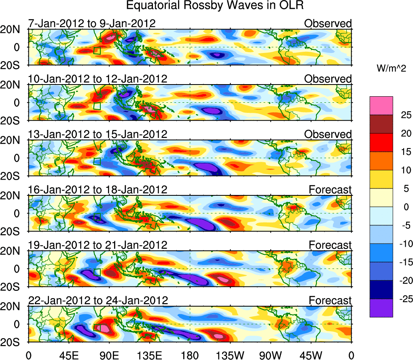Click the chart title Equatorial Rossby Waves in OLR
point(215,6)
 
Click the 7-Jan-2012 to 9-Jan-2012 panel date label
point(92,23)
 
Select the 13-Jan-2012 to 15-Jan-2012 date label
point(97,134)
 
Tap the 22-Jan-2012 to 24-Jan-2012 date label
point(98,301)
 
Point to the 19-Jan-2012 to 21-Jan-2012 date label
point(97,245)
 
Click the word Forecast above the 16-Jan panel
point(330,189)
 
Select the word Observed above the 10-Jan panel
point(328,79)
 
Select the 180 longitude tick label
point(190,355)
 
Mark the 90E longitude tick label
point(109,355)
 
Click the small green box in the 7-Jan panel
point(97,50)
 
